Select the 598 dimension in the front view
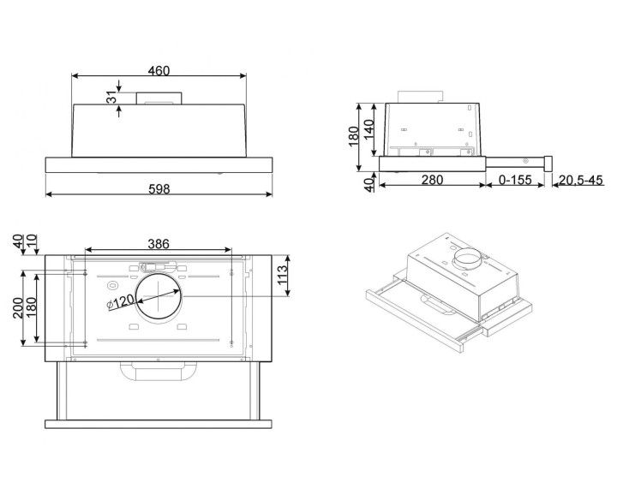[158, 187]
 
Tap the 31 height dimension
[111, 99]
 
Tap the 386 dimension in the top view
[159, 244]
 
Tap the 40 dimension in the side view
[369, 185]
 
